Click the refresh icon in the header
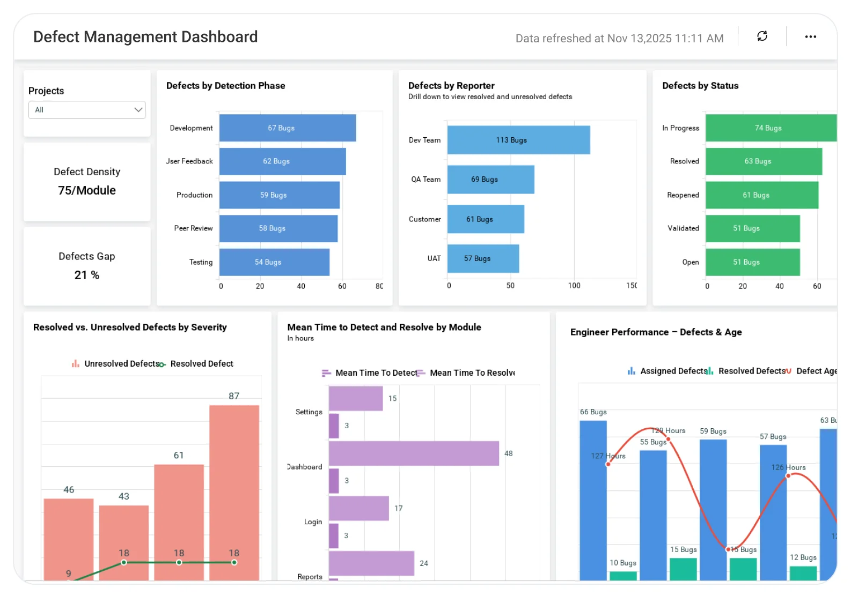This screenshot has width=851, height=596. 762,36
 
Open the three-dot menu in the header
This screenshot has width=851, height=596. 810,36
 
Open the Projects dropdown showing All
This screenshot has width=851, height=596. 87,110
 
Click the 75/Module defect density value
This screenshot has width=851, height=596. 87,190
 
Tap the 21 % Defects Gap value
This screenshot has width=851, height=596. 87,275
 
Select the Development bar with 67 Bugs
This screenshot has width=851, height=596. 288,128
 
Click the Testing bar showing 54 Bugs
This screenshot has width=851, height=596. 274,262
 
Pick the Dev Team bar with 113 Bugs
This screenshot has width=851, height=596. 518,140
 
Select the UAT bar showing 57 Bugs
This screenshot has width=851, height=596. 483,258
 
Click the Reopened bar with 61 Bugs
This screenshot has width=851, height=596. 761,195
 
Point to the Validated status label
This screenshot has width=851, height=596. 683,228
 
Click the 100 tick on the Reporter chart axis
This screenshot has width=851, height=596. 574,286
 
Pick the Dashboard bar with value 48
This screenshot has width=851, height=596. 413,453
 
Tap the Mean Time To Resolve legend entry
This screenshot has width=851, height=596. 467,373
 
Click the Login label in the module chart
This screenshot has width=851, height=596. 313,522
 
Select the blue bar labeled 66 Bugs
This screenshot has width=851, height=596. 593,498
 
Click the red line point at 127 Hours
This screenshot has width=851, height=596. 608,464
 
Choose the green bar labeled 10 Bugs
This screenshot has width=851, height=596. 623,575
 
